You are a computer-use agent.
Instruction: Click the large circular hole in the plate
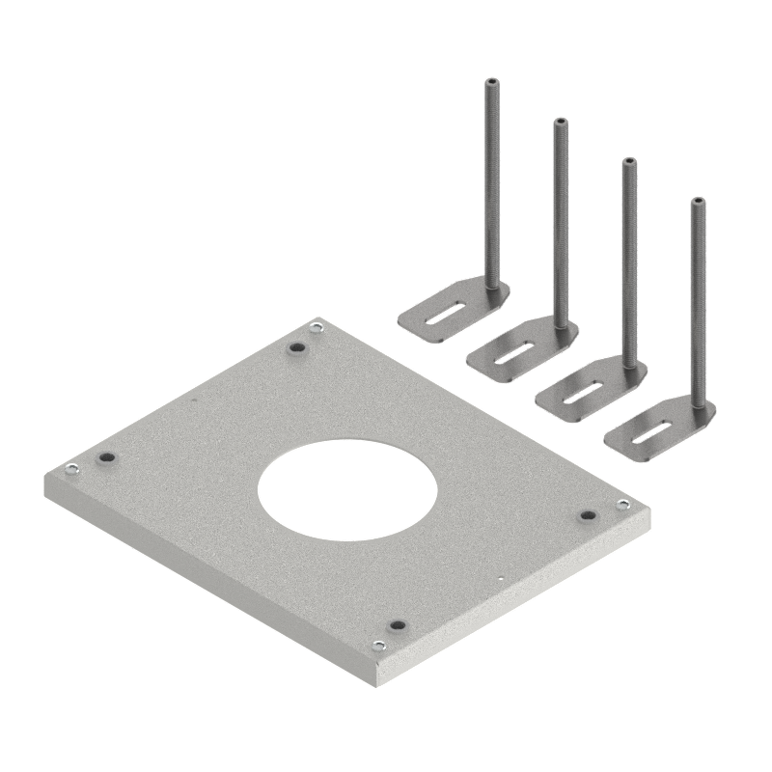tap(347, 493)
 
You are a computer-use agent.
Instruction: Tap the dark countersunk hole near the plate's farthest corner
tap(296, 347)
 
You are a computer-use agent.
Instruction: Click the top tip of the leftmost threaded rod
tap(491, 83)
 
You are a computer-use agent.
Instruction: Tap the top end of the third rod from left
tap(628, 161)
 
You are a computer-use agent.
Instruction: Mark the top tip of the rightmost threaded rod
tap(697, 202)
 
